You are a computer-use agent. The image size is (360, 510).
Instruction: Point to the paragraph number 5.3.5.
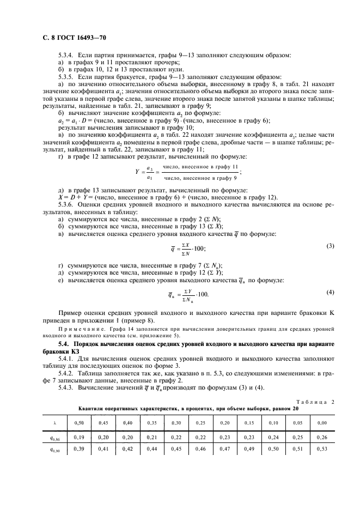click(66, 77)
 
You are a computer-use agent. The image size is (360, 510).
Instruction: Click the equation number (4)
click(330, 292)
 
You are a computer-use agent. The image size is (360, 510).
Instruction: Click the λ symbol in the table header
click(54, 423)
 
